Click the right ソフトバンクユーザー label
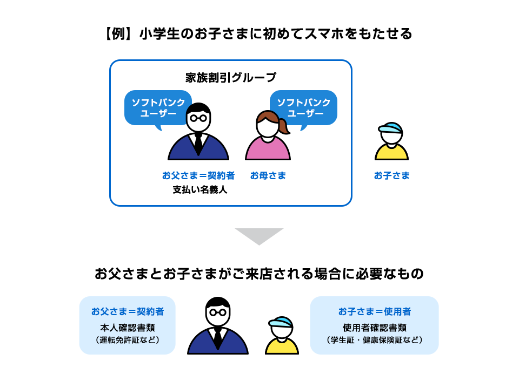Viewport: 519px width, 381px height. coord(304,108)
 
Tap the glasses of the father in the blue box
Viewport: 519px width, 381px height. coord(198,117)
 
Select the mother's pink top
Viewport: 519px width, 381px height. coord(268,149)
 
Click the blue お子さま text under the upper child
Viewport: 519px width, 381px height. coord(391,176)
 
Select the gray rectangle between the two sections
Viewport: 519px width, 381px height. coord(259,237)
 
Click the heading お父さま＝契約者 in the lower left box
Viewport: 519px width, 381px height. coord(128,311)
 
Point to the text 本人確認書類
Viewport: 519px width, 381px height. coord(128,328)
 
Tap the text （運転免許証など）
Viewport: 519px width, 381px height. coord(128,340)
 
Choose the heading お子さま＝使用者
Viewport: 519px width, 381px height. coord(374,311)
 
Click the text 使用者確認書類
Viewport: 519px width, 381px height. coord(374,328)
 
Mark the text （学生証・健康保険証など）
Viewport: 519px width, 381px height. coord(374,340)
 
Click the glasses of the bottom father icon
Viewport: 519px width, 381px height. coord(218,312)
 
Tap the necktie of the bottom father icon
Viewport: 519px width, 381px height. coord(218,337)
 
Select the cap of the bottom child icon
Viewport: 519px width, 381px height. coord(281,323)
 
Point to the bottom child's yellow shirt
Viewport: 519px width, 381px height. coord(282,346)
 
